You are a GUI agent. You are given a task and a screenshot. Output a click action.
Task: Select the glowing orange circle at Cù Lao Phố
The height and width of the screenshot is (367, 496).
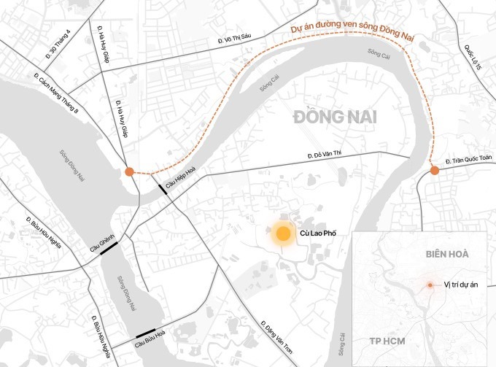281,234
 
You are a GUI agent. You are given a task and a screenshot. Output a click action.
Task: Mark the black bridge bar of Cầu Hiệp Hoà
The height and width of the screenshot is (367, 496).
160,190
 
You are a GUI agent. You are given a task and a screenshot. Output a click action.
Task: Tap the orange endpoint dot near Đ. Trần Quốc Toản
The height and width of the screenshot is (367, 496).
435,171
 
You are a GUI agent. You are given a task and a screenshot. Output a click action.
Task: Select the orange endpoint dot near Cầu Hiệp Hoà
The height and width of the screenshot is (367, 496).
129,171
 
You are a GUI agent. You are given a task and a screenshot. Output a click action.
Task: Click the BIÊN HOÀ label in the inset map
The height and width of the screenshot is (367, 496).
447,253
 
